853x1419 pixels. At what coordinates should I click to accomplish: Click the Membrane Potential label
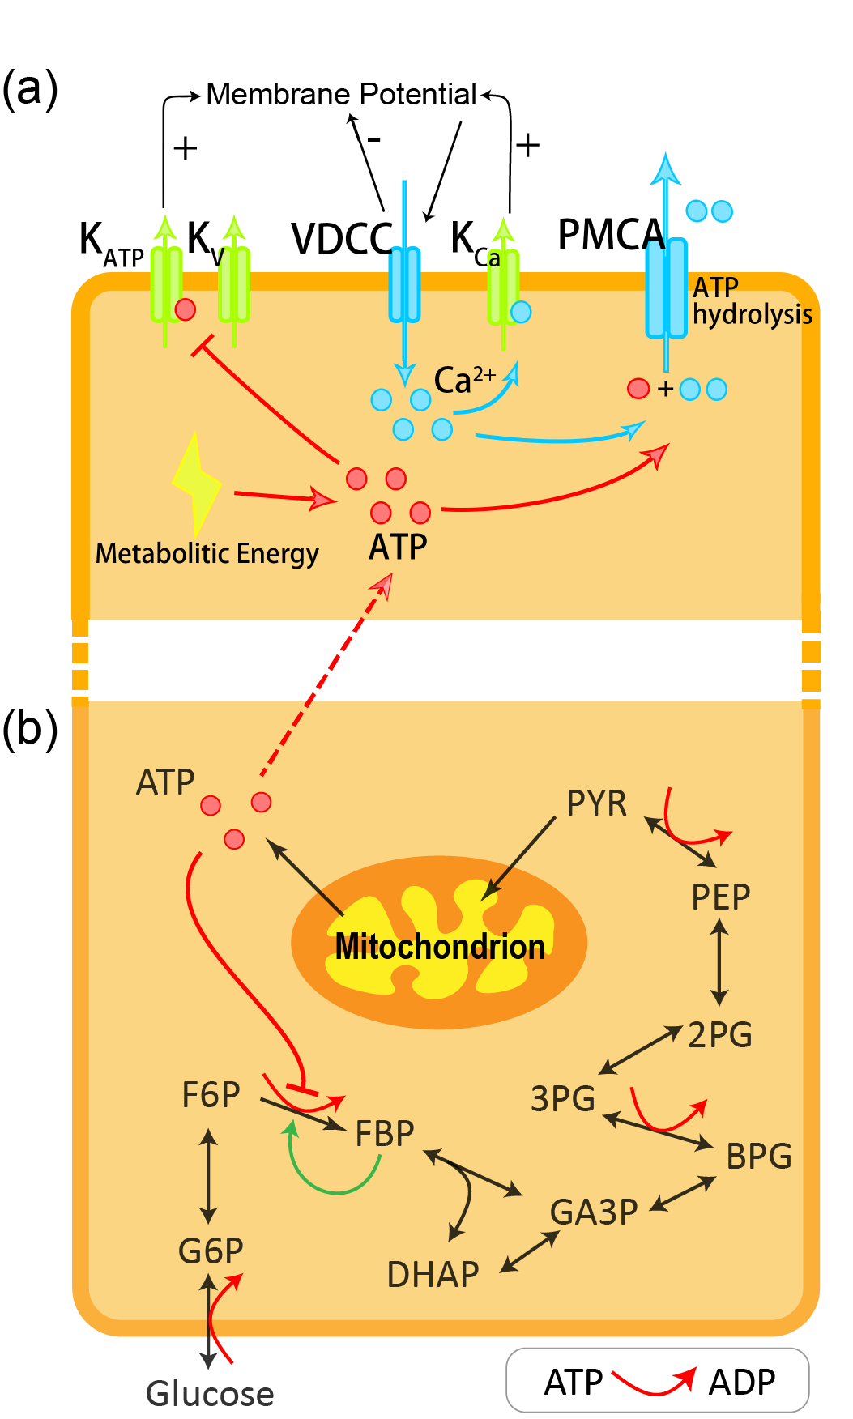(341, 95)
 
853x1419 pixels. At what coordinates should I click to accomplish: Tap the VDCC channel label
(342, 239)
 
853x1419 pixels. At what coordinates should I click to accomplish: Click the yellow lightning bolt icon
(195, 483)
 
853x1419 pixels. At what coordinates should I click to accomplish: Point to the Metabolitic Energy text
(207, 554)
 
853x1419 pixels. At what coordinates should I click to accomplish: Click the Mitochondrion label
(440, 946)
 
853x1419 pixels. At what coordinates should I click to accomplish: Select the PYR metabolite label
(596, 803)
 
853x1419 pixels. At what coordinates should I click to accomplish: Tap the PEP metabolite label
(720, 897)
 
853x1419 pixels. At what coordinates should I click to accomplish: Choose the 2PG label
(719, 1034)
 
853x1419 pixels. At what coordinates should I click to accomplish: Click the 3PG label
(562, 1099)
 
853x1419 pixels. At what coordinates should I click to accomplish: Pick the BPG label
(758, 1156)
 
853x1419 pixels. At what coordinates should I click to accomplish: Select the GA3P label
(594, 1212)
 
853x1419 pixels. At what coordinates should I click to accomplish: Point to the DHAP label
(433, 1275)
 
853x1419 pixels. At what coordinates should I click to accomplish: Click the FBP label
(385, 1133)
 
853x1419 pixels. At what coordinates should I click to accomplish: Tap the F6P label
(211, 1095)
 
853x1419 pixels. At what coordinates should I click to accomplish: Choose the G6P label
(211, 1251)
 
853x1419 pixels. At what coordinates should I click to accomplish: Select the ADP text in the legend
(741, 1382)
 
